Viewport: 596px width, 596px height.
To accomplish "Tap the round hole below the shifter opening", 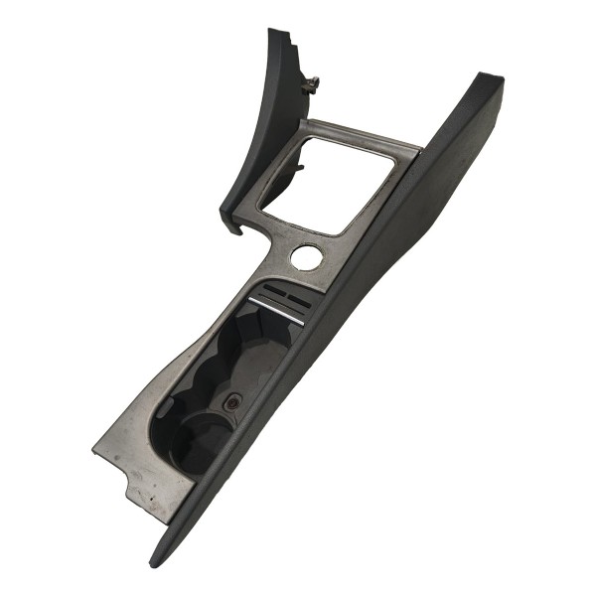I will coord(306,256).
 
